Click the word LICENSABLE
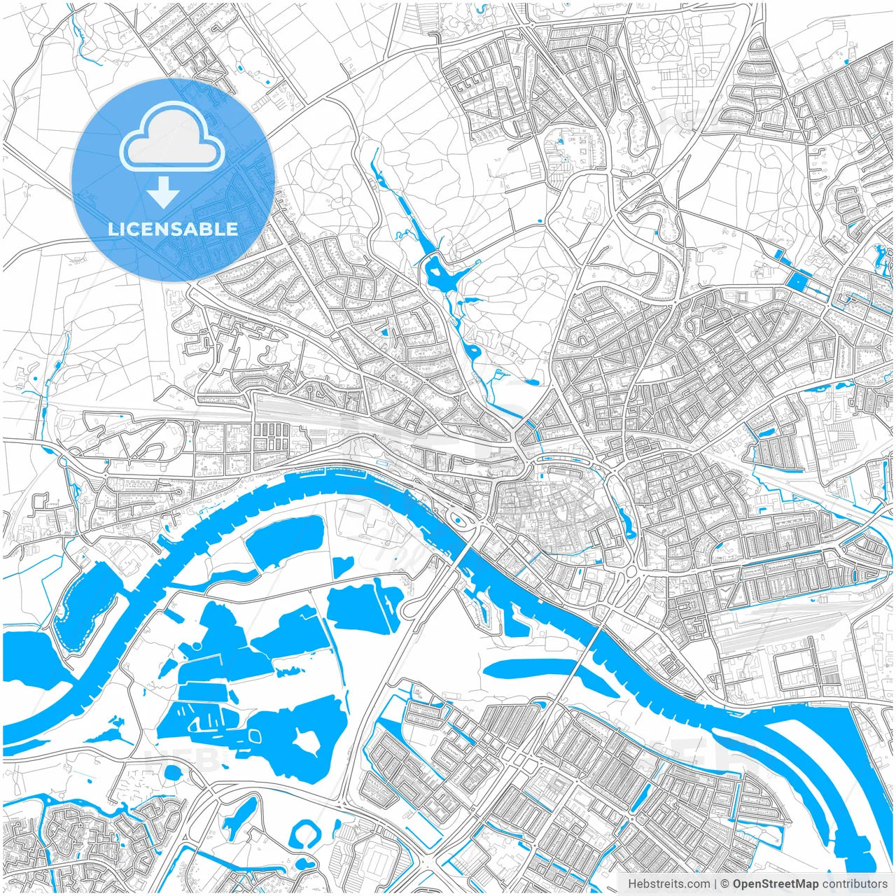click(x=172, y=229)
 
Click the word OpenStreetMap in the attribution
click(x=775, y=884)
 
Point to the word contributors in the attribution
click(x=855, y=884)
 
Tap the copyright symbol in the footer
click(x=726, y=884)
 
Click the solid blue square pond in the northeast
click(x=797, y=281)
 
